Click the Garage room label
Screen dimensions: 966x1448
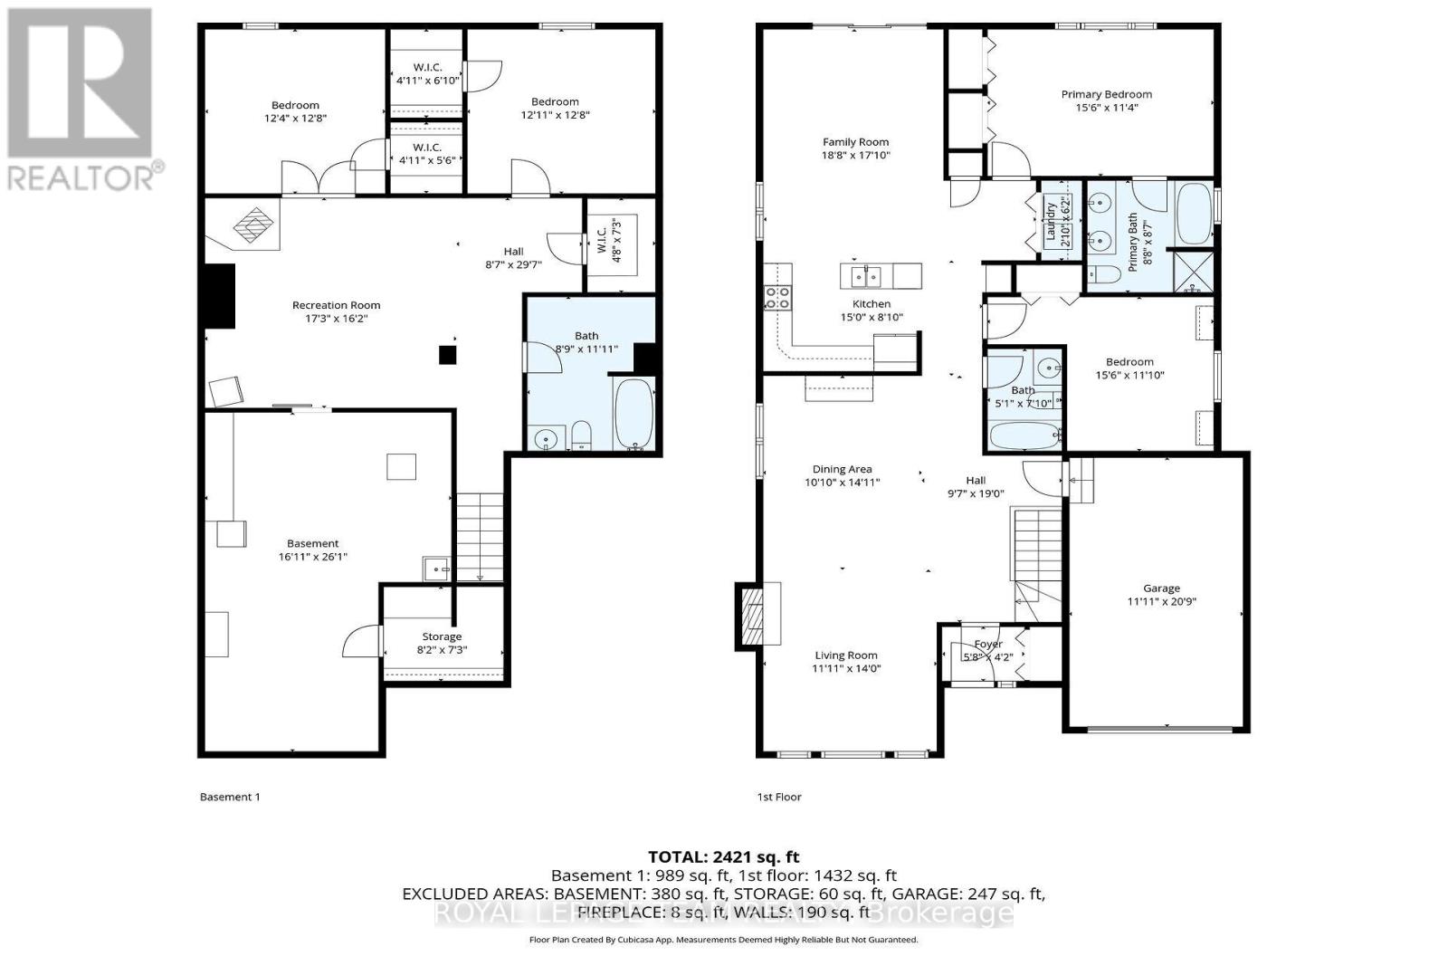click(x=1161, y=588)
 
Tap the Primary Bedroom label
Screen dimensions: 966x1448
click(x=1106, y=94)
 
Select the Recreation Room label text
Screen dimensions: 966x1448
click(x=336, y=305)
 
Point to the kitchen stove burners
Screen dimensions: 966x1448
click(x=777, y=297)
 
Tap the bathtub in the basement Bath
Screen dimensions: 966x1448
click(x=633, y=414)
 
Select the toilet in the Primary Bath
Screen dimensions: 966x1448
click(x=1102, y=275)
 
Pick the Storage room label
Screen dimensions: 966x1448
click(x=442, y=636)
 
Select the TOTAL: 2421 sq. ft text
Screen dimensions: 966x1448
click(x=723, y=856)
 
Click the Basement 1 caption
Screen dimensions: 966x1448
click(x=229, y=797)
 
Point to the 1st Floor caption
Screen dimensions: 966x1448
click(x=778, y=797)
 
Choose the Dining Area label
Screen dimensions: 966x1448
click(x=842, y=469)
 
